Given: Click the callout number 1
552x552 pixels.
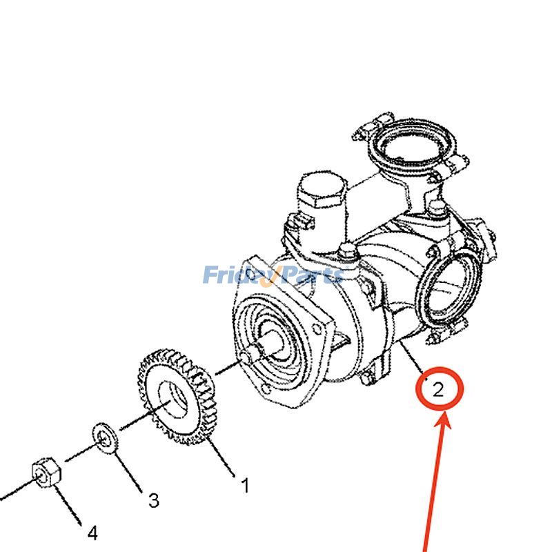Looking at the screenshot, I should [244, 486].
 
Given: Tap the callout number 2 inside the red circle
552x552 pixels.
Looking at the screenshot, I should [438, 391].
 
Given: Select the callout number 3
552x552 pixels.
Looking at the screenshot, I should [154, 500].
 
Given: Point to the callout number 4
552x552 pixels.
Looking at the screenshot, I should [92, 533].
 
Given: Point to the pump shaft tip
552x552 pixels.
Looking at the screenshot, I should [248, 357].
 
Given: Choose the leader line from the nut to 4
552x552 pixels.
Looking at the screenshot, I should [69, 503].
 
